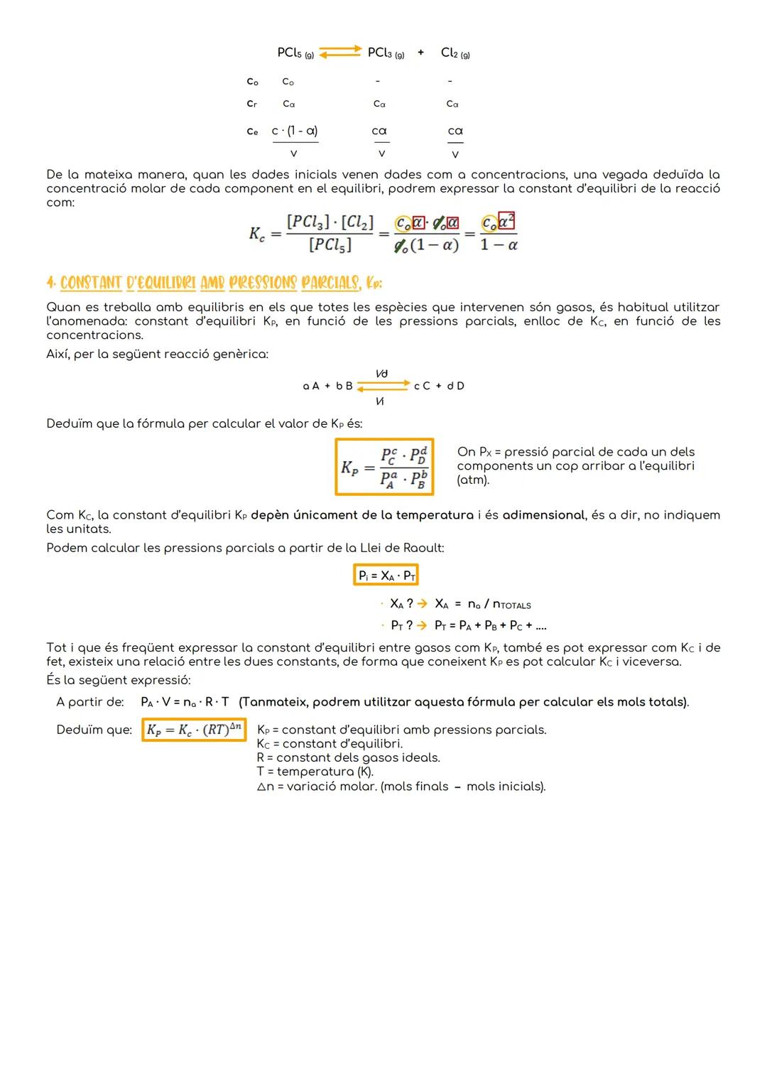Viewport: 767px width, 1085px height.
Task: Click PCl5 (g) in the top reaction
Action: (x=295, y=53)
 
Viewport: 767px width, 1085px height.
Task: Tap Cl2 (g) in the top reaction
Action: (x=455, y=53)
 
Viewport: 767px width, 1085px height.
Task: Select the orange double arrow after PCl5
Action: (x=339, y=53)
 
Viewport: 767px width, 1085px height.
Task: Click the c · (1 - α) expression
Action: (x=295, y=131)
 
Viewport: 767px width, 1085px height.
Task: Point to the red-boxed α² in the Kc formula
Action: (x=506, y=222)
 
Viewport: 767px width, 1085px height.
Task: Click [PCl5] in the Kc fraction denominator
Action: (x=330, y=245)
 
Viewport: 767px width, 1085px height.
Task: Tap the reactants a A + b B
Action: (x=327, y=386)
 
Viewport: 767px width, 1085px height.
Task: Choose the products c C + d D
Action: (x=439, y=386)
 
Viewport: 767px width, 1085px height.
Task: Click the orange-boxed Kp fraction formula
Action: (x=384, y=467)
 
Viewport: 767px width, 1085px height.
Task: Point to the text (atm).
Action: (x=473, y=480)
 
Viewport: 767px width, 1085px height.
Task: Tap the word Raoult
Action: (x=422, y=548)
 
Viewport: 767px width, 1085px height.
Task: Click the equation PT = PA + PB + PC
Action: (x=490, y=626)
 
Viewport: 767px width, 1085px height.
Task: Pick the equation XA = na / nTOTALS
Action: (x=482, y=605)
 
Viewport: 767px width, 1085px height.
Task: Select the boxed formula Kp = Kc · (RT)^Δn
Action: (x=194, y=730)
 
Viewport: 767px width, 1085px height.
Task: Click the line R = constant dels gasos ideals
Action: (x=348, y=757)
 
